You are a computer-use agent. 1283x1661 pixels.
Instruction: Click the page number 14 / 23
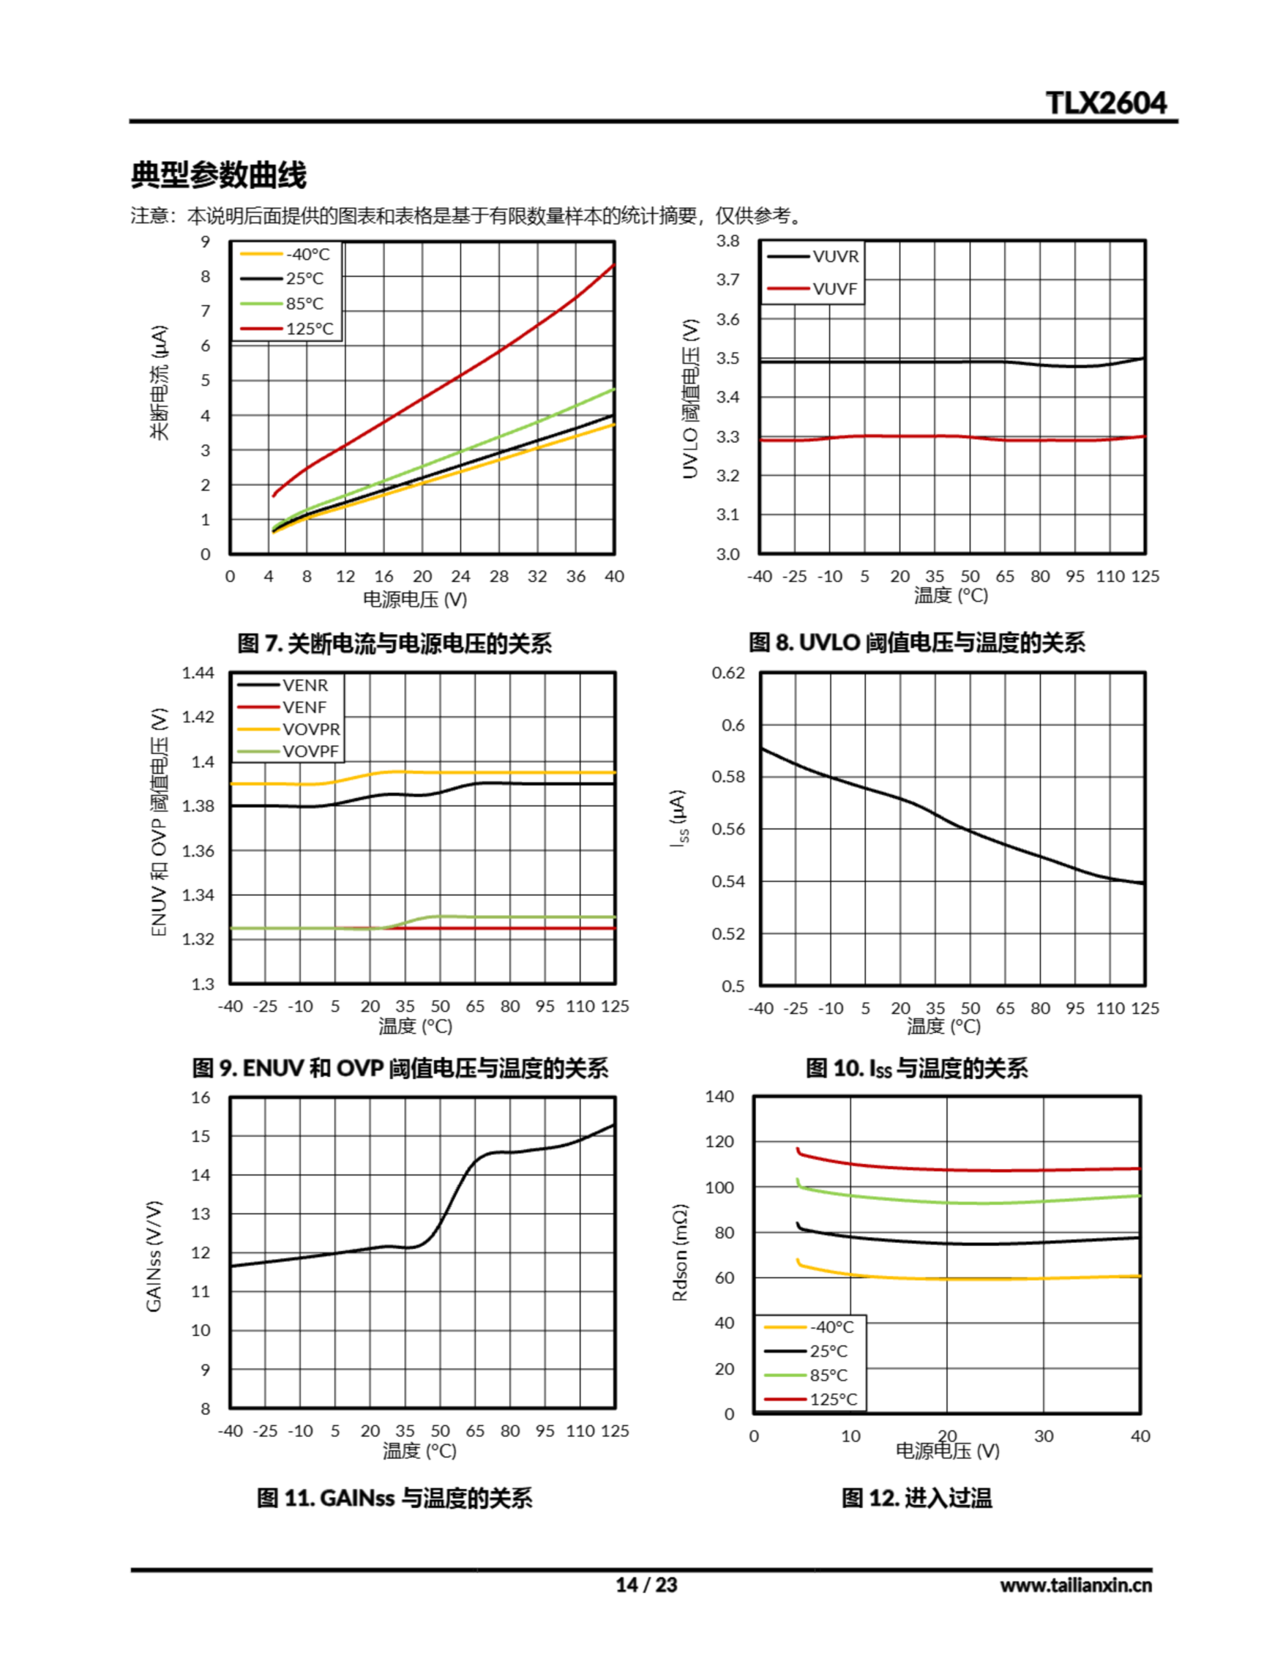(645, 1584)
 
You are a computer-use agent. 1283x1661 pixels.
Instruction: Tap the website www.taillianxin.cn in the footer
(1075, 1585)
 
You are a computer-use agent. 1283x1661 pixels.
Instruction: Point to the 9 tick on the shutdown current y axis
(206, 242)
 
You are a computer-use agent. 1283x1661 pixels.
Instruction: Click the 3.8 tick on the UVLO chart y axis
(727, 241)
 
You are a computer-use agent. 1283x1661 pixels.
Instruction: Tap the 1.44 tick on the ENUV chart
(198, 672)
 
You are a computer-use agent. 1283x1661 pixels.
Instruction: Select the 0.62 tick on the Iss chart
(728, 672)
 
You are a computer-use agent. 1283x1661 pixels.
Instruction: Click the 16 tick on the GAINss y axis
(201, 1097)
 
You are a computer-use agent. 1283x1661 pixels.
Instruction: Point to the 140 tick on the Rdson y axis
(719, 1096)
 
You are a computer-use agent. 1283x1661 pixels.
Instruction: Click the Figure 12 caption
(917, 1498)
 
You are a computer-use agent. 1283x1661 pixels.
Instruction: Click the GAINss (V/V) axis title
(154, 1255)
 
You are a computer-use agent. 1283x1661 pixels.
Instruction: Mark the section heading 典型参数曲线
(219, 175)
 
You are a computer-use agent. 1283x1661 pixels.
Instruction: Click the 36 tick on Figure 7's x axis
(576, 576)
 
